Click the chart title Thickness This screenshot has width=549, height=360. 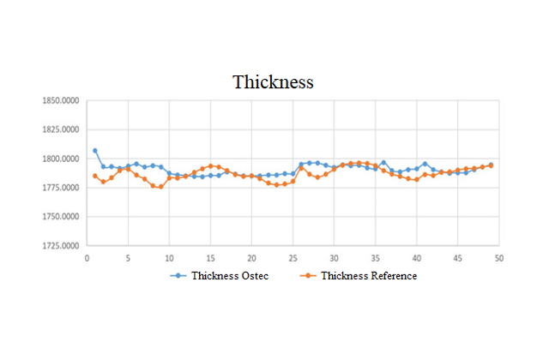pos(274,83)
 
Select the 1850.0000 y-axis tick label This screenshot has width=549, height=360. pos(62,101)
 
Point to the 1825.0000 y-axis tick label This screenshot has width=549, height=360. pos(62,130)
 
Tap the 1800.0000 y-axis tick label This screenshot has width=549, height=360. pos(62,159)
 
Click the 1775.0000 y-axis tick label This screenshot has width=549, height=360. pos(62,189)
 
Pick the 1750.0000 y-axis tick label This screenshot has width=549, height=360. pos(62,217)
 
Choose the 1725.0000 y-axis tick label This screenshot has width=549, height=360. pos(62,246)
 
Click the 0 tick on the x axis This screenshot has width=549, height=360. pos(86,256)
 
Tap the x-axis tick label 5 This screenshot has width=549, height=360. pos(128,256)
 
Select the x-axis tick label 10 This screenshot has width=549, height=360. pos(169,256)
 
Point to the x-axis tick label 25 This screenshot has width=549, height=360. pos(293,256)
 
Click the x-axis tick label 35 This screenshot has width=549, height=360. pos(375,256)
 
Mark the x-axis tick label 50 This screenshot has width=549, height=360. pos(498,256)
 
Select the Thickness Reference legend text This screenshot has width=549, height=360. pos(369,276)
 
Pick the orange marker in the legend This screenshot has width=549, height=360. pos(309,276)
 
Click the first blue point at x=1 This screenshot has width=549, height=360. pos(95,151)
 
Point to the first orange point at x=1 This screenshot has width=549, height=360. pos(95,176)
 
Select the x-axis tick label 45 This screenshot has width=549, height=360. pos(457,256)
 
